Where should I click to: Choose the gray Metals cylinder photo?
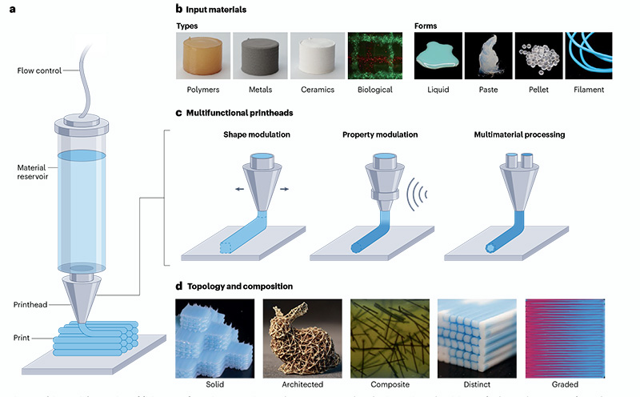pyautogui.click(x=261, y=55)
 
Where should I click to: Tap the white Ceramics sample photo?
pyautogui.click(x=318, y=55)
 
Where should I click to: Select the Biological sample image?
pyautogui.click(x=374, y=55)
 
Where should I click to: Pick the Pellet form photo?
pyautogui.click(x=538, y=55)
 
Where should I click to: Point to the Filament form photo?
pyautogui.click(x=588, y=55)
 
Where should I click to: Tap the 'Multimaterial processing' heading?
pyautogui.click(x=519, y=134)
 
